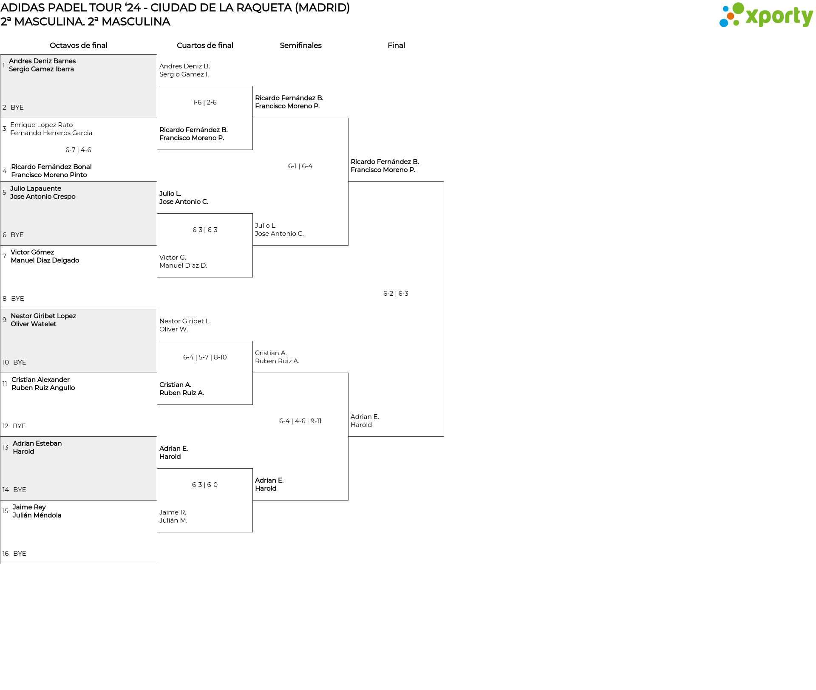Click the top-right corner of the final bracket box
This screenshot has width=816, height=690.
tap(444, 182)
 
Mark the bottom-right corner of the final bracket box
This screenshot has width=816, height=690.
tap(444, 436)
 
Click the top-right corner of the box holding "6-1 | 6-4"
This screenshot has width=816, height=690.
tap(348, 118)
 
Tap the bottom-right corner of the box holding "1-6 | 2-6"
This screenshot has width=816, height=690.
tap(252, 150)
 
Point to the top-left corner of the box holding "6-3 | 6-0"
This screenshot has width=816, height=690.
tap(157, 469)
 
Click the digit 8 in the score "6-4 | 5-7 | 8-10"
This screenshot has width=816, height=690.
tap(215, 357)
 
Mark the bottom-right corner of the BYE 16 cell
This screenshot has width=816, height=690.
tap(157, 564)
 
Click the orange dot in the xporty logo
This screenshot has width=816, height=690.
tap(730, 16)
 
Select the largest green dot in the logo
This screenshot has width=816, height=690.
tap(739, 8)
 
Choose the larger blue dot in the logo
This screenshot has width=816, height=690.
tap(723, 23)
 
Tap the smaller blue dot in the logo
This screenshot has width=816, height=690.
tap(725, 8)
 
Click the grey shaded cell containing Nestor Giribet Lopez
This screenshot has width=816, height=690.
tap(79, 341)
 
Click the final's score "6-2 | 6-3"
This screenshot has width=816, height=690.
tap(396, 294)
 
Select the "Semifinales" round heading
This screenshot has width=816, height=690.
tap(300, 45)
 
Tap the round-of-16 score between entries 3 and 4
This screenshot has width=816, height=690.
tap(78, 150)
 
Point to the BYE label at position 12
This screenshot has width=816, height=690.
tap(19, 426)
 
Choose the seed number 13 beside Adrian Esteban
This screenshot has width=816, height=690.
tap(6, 447)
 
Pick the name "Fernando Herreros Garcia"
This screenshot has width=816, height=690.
tap(51, 133)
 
